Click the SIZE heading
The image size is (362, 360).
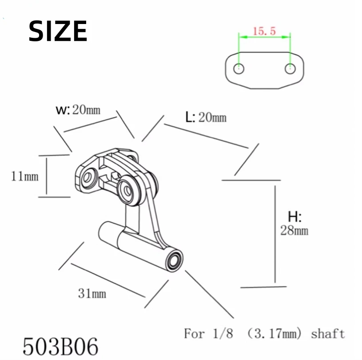(58, 31)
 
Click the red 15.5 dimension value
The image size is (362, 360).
(264, 31)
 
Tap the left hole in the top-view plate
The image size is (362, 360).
(239, 69)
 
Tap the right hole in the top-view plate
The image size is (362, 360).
(290, 69)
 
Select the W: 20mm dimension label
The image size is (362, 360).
(78, 110)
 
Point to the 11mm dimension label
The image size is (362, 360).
(25, 176)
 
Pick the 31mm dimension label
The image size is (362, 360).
(92, 293)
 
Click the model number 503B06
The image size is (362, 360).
(60, 345)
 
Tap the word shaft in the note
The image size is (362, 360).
(328, 333)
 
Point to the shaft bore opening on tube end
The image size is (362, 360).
(175, 260)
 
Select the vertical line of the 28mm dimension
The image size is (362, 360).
(275, 233)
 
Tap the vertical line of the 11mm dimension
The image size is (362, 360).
(46, 176)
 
